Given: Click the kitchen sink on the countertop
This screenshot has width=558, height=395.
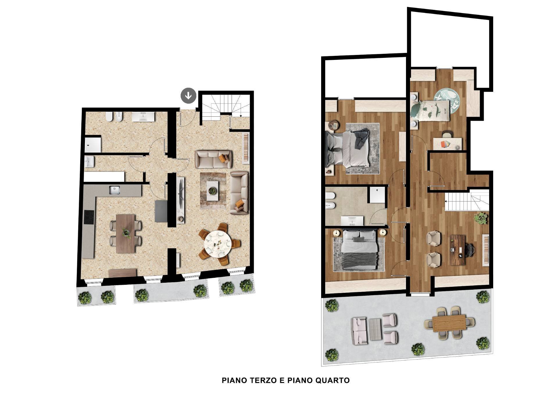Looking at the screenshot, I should (x=114, y=190).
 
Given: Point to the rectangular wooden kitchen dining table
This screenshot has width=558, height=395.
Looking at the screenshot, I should (x=126, y=234).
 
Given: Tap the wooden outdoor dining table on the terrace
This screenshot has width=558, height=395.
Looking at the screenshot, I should (x=449, y=323).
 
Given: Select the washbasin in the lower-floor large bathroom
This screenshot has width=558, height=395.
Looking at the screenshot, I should (x=143, y=117).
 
